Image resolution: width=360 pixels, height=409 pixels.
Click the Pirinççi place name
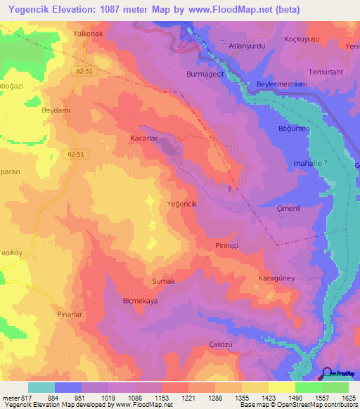[229, 245]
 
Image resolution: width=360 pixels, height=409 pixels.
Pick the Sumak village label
[163, 281]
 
